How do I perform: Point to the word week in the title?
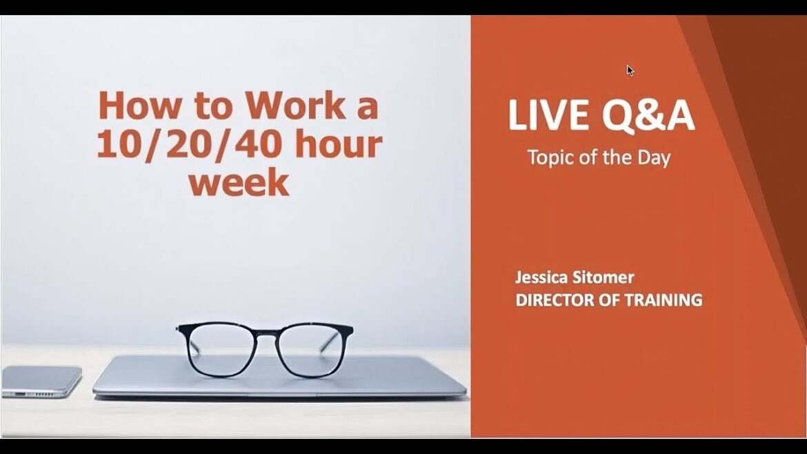tap(239, 183)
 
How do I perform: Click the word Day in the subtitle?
tap(654, 157)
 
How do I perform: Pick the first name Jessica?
tap(541, 278)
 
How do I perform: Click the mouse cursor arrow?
tap(630, 70)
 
